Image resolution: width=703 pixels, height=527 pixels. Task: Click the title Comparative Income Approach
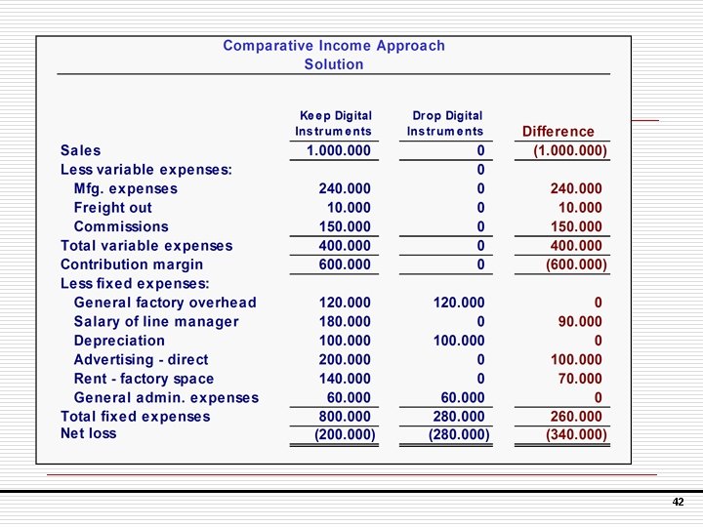pyautogui.click(x=334, y=46)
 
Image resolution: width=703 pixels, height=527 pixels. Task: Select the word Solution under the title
pyautogui.click(x=334, y=64)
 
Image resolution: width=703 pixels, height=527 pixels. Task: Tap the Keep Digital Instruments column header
pyautogui.click(x=335, y=123)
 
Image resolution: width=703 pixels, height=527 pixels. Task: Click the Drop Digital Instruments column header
pyautogui.click(x=446, y=123)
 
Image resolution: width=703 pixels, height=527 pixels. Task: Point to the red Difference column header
pyautogui.click(x=558, y=131)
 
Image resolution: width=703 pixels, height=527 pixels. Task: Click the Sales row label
pyautogui.click(x=80, y=150)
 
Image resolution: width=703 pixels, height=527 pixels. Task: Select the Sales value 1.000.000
pyautogui.click(x=338, y=150)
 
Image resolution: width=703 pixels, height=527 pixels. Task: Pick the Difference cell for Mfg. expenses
pyautogui.click(x=576, y=188)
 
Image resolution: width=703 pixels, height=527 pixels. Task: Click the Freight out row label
pyautogui.click(x=112, y=208)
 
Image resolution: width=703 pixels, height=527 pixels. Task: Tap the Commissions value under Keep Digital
pyautogui.click(x=345, y=226)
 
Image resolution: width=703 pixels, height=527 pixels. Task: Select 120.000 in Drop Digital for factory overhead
pyautogui.click(x=459, y=303)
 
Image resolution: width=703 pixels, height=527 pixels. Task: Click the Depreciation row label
pyautogui.click(x=119, y=341)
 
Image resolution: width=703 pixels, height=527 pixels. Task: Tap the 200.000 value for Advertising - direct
pyautogui.click(x=345, y=359)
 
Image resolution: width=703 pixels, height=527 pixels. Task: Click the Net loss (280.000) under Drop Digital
pyautogui.click(x=459, y=434)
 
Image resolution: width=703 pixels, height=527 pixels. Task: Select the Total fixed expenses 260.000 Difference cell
pyautogui.click(x=576, y=417)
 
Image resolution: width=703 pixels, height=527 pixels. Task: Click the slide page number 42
pyautogui.click(x=678, y=503)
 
